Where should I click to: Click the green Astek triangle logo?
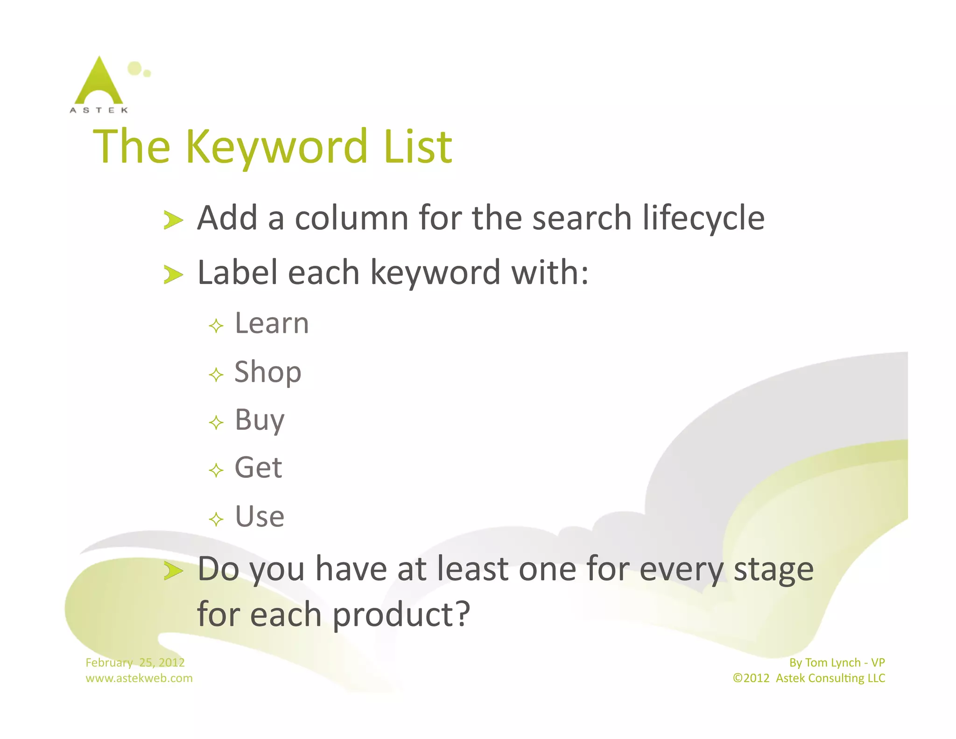(99, 82)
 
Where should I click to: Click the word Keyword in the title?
(277, 147)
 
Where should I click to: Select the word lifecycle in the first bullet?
(703, 218)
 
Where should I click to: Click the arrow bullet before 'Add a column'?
(173, 220)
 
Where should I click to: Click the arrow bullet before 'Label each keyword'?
(173, 274)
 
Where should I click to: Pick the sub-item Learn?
(272, 323)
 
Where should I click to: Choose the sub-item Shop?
(268, 372)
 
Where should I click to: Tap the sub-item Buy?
(260, 420)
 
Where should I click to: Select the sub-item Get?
(258, 468)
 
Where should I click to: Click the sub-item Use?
(260, 517)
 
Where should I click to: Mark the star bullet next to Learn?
(216, 326)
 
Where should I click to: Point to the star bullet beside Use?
(216, 519)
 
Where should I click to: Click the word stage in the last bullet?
(773, 570)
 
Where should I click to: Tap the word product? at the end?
(401, 615)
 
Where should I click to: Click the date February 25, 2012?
(135, 662)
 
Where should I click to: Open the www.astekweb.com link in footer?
(139, 678)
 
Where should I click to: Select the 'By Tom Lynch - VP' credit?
(837, 662)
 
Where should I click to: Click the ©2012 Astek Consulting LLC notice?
(808, 678)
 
